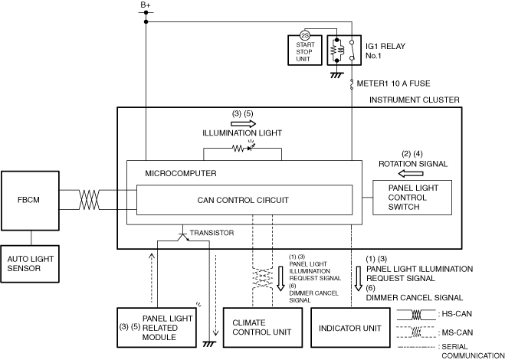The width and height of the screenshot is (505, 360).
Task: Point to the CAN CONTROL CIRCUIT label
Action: coord(243,200)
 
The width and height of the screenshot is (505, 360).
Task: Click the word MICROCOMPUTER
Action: coord(181,174)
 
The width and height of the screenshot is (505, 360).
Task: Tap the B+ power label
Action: coord(146,5)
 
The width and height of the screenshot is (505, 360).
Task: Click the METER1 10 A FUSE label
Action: coord(393,83)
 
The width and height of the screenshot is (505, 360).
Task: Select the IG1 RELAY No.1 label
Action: coord(385,51)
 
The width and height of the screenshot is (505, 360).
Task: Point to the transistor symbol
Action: coord(183,237)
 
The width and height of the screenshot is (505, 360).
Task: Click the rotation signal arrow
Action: coord(411,174)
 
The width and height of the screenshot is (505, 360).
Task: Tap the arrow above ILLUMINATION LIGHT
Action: coord(244,123)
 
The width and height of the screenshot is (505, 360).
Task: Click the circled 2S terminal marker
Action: coord(305,34)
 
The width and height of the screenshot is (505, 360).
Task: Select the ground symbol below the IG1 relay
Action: coord(336,75)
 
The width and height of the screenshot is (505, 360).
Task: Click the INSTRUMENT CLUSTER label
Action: coord(414,100)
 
